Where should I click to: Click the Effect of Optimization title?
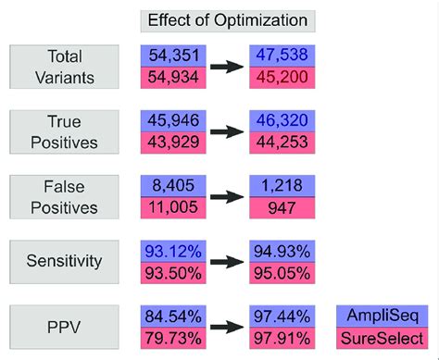pos(227,19)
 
